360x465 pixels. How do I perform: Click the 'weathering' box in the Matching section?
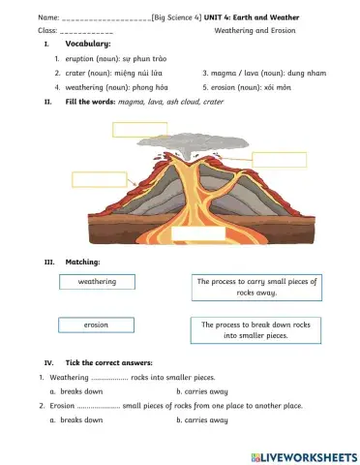[97, 282]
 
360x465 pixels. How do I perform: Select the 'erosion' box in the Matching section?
[97, 325]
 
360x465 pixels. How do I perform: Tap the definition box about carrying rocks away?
[257, 287]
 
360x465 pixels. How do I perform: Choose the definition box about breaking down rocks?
[257, 330]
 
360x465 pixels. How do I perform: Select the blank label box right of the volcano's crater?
[279, 160]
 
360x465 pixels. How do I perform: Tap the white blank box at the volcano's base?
[198, 232]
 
